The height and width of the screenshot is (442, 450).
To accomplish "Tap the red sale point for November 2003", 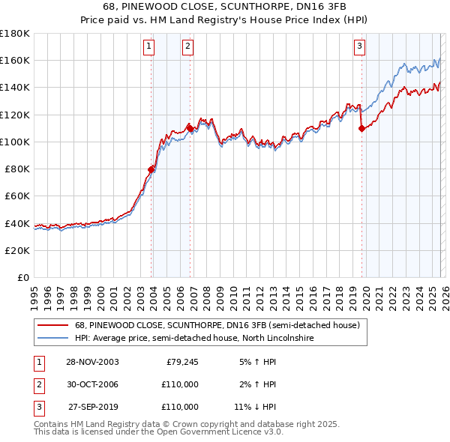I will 151,169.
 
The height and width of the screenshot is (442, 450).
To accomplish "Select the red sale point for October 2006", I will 190,128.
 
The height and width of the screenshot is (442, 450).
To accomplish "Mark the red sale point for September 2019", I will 361,128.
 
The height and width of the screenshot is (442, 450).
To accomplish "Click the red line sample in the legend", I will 52,326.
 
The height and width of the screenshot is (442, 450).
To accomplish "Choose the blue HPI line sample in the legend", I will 52,339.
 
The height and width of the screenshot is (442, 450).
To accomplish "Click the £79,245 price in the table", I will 180,362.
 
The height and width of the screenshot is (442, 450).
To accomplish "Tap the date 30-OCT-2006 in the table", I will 92,384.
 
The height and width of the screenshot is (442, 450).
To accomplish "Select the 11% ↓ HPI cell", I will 256,407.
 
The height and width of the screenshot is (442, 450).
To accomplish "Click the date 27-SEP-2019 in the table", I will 92,407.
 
